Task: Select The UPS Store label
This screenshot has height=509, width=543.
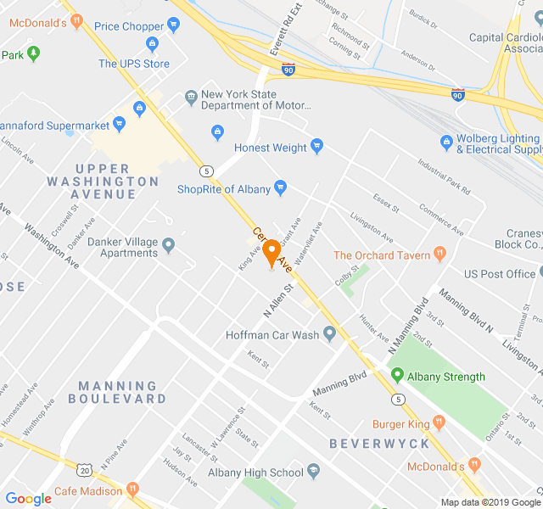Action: click(x=134, y=64)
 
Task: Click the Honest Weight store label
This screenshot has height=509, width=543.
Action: click(x=270, y=148)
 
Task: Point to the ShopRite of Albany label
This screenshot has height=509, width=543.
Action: click(x=223, y=188)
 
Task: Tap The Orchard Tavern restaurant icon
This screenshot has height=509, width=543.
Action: click(x=439, y=254)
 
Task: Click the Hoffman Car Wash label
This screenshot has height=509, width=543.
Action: click(x=271, y=335)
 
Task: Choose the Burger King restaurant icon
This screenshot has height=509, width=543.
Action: click(x=439, y=422)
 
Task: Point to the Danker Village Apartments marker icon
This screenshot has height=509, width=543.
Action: click(x=169, y=246)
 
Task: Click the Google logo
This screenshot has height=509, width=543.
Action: click(x=28, y=499)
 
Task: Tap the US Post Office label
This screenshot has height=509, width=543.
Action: click(x=500, y=274)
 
